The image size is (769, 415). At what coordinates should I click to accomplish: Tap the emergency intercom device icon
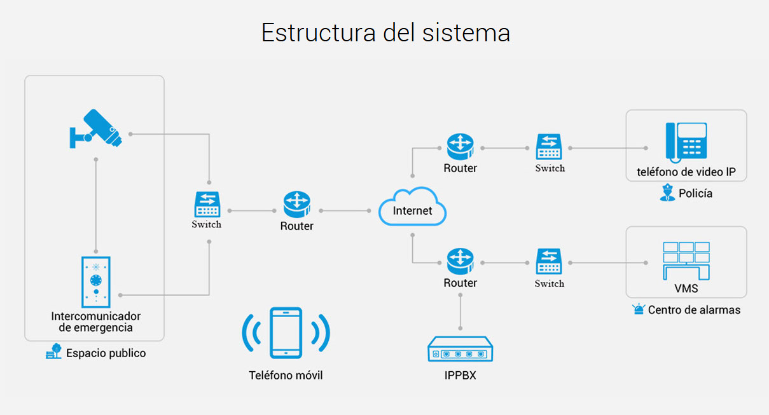[96, 282]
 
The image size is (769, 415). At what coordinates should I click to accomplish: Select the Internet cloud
[413, 207]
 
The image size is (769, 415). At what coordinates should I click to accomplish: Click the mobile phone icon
[286, 333]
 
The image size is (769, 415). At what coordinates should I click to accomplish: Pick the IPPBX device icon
[460, 350]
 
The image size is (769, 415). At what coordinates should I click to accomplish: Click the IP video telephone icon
[686, 141]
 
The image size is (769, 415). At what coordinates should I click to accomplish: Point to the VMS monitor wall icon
[686, 259]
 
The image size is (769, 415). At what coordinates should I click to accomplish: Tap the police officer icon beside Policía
[667, 193]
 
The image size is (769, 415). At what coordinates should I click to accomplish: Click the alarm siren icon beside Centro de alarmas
[639, 310]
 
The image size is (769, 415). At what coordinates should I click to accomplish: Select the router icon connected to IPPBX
[460, 261]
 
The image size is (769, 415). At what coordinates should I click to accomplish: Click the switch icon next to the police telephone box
[549, 147]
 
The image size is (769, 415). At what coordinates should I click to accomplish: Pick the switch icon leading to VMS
[549, 262]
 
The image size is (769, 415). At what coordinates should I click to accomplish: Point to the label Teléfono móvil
[286, 376]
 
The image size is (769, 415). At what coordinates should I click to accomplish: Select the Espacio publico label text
[106, 353]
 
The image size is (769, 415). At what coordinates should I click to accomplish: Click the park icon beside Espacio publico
[54, 352]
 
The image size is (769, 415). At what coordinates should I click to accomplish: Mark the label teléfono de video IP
[686, 172]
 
